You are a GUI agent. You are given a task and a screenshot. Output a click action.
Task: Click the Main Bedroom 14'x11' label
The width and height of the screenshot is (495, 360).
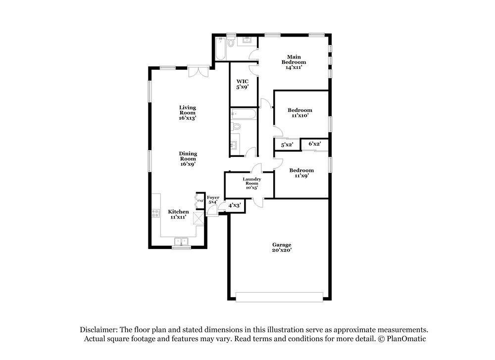(x=294, y=62)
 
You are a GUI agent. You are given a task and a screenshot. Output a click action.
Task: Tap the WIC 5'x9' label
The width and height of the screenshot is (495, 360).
(x=242, y=84)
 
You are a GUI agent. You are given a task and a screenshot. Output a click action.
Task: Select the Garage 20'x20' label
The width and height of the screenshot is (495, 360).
(x=282, y=248)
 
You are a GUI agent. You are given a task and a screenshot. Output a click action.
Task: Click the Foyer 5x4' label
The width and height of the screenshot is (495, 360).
(x=213, y=200)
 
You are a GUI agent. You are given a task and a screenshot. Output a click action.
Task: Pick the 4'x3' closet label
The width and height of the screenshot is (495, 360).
(x=234, y=205)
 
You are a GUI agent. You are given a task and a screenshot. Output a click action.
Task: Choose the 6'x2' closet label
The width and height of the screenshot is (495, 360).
(x=315, y=144)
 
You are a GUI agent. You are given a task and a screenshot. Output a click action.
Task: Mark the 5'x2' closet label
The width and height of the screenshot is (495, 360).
(x=287, y=145)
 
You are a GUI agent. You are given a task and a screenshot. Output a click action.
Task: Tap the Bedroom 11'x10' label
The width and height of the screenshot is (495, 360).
(x=300, y=112)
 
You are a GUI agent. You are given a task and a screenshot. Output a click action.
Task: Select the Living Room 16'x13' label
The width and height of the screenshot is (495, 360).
(x=188, y=112)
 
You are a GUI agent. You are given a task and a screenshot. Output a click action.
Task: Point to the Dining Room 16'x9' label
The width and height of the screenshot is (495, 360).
(x=188, y=158)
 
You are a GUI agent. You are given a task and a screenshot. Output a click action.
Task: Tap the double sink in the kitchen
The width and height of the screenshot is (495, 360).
(x=182, y=242)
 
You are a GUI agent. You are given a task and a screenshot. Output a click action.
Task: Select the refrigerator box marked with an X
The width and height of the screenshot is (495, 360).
(x=199, y=218)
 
